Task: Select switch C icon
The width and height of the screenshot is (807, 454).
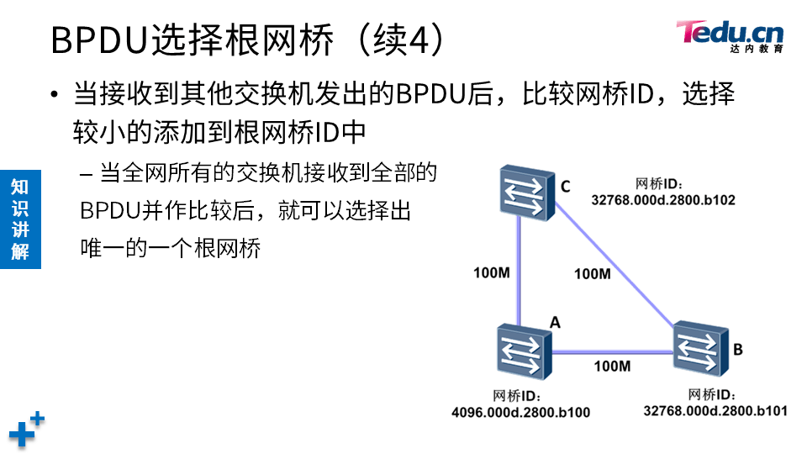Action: coord(522,193)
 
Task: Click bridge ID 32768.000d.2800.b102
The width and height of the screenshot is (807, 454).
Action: coord(663,200)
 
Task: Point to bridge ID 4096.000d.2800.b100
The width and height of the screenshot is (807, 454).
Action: coord(520,412)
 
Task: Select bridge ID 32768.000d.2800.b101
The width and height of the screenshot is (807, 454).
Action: coord(715,410)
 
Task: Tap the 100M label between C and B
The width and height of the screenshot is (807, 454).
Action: coord(593,273)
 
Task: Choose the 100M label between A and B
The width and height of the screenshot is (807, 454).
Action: coord(612,366)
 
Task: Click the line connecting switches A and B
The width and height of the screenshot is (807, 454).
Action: coord(612,351)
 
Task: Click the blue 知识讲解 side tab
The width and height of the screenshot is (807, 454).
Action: coord(20,219)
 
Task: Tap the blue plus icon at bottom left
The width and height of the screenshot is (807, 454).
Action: coord(26,429)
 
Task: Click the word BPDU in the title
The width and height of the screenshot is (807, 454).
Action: coord(100,40)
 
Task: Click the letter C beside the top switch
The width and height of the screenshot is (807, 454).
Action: coord(565,186)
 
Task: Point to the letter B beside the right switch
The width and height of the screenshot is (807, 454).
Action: coord(737,348)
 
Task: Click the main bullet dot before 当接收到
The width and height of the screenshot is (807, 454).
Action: coord(55,93)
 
